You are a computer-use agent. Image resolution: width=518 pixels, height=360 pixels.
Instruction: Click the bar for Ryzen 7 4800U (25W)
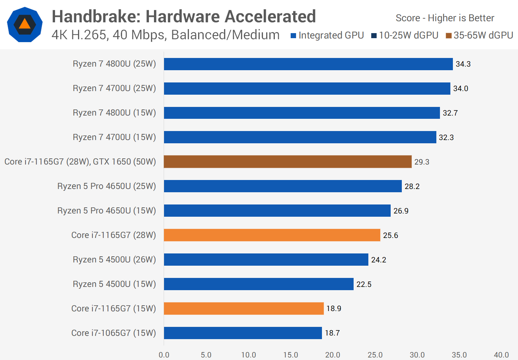308,64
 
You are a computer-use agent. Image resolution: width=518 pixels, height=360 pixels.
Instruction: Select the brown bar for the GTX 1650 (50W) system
287,162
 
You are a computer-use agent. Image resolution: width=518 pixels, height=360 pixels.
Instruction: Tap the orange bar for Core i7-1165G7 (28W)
272,235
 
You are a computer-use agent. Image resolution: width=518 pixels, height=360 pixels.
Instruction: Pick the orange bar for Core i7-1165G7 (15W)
244,309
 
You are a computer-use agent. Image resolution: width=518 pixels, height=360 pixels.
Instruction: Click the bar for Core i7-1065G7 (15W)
243,333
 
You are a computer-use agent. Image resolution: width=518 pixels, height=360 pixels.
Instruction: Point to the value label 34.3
463,64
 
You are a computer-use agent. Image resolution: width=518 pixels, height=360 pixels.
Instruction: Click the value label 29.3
422,162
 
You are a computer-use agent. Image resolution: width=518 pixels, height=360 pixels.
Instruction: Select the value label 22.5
364,284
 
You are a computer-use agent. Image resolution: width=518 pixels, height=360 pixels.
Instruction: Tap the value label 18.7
332,333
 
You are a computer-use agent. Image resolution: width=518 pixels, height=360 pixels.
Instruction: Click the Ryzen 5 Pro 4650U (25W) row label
106,186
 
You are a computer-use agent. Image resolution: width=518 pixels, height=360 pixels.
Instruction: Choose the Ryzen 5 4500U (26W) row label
114,260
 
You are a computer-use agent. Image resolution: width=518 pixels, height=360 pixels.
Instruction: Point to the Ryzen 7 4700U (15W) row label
114,137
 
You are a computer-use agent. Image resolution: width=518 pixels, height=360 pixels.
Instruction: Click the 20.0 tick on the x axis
333,355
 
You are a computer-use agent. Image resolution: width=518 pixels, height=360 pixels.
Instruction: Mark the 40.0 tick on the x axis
501,355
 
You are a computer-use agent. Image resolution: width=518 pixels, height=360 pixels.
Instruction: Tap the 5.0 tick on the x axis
206,355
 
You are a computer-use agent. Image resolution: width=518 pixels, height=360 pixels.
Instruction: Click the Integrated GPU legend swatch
293,36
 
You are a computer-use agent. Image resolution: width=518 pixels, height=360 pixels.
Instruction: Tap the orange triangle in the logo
24,24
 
